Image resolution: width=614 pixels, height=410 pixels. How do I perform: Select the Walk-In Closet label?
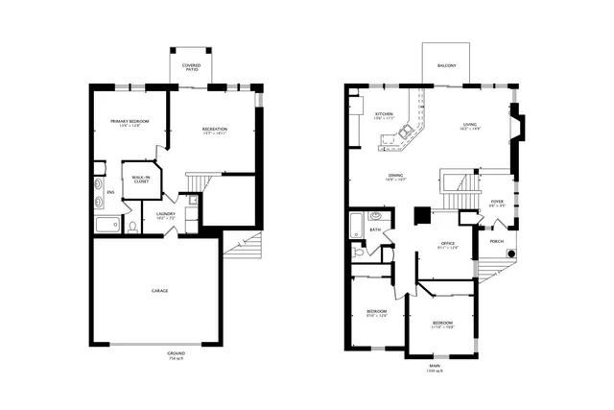pyautogui.click(x=139, y=180)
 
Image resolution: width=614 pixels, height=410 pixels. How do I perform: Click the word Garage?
pyautogui.click(x=159, y=290)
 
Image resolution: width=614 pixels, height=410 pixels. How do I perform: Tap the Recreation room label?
pyautogui.click(x=214, y=129)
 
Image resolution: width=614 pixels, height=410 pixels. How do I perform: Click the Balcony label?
pyautogui.click(x=446, y=66)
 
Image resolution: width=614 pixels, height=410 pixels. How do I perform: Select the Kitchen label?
pyautogui.click(x=384, y=114)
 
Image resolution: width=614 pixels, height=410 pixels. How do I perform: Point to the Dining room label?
pyautogui.click(x=394, y=176)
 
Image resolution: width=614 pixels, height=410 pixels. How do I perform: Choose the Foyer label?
pyautogui.click(x=497, y=202)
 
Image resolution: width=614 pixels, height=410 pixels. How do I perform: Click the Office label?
pyautogui.click(x=447, y=244)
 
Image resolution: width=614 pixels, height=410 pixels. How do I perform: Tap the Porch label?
pyautogui.click(x=497, y=241)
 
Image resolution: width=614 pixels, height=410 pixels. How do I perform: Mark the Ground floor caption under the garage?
pyautogui.click(x=175, y=355)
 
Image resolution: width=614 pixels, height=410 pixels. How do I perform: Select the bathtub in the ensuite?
pyautogui.click(x=107, y=226)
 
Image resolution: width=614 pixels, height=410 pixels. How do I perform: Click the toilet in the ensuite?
pyautogui.click(x=132, y=229)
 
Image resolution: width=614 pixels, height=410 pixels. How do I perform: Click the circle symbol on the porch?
pyautogui.click(x=511, y=253)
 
